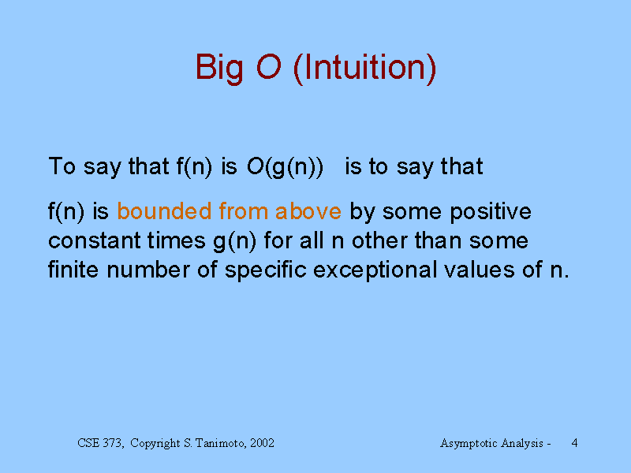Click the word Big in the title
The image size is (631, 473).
click(x=219, y=69)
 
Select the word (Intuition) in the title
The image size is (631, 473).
click(x=365, y=68)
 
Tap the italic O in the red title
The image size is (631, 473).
click(x=268, y=66)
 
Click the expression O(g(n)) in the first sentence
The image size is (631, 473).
click(x=285, y=166)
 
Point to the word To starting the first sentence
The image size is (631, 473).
click(x=62, y=166)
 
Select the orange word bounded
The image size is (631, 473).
click(x=164, y=210)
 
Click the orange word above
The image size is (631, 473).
click(x=308, y=210)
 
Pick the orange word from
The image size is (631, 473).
click(x=244, y=210)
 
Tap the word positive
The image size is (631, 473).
click(x=491, y=212)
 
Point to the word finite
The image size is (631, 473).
click(x=73, y=269)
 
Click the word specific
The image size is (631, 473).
click(x=266, y=270)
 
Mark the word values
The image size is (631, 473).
click(x=480, y=269)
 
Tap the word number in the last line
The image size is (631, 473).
click(x=148, y=269)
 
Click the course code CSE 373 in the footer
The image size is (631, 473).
click(x=99, y=443)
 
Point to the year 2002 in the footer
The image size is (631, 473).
click(x=263, y=443)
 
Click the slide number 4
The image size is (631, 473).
click(x=575, y=443)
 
